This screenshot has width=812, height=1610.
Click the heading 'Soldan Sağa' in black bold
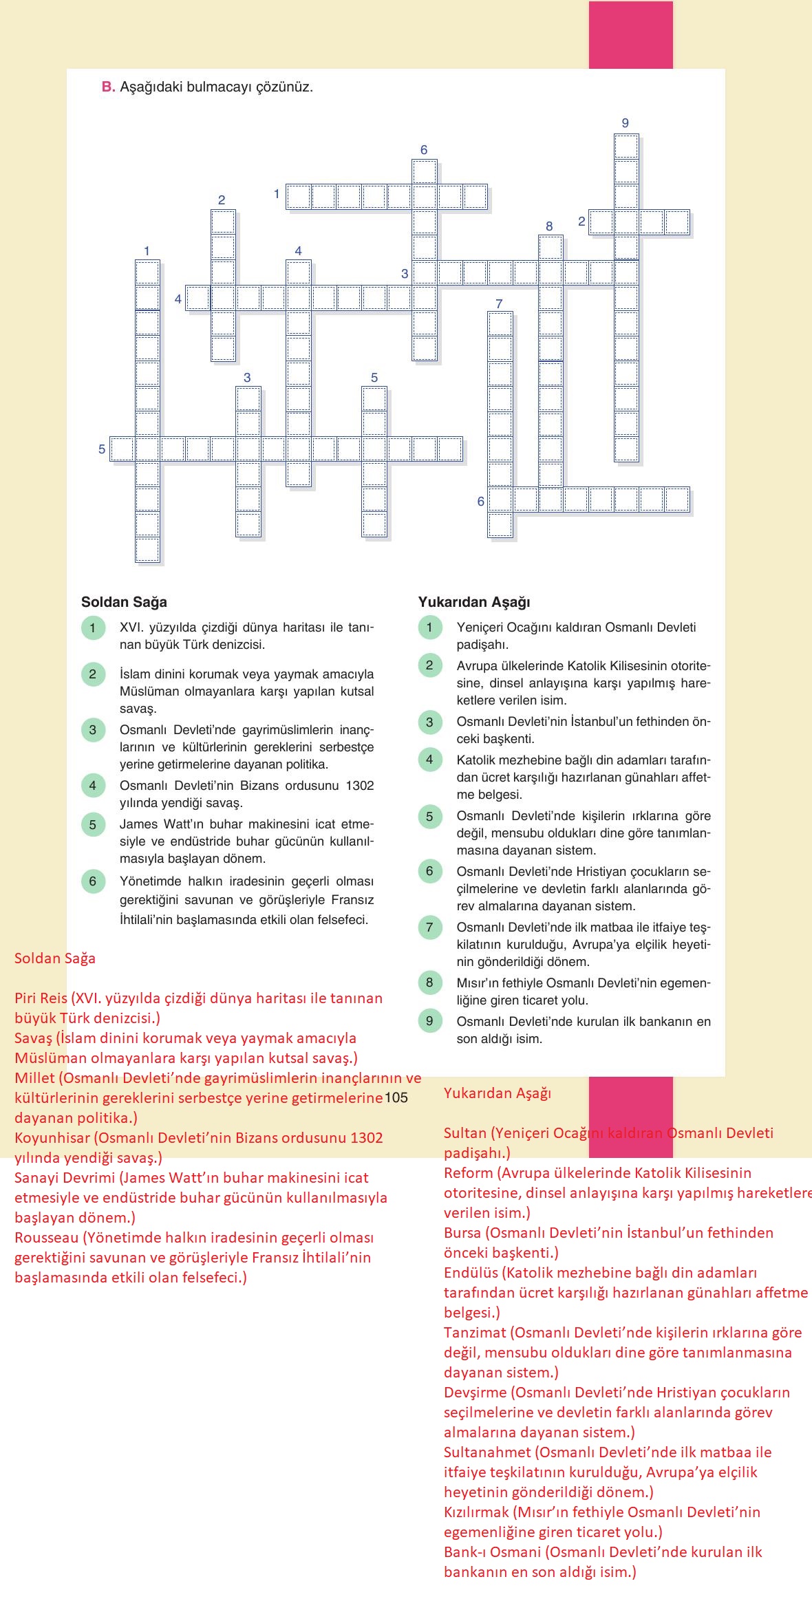[124, 602]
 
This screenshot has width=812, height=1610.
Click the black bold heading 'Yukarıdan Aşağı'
[474, 602]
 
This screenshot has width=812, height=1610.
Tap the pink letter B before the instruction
[107, 87]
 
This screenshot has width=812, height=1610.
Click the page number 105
[396, 1097]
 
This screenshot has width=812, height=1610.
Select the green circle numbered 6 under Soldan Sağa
[93, 881]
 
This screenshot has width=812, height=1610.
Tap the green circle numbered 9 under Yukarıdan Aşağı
[429, 1021]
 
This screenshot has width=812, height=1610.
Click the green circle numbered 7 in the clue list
[429, 927]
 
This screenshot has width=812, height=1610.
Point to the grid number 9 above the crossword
[625, 123]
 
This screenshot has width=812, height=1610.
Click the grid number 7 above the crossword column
[499, 303]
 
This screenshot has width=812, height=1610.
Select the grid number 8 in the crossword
[549, 226]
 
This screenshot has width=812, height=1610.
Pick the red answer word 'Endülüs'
[471, 1273]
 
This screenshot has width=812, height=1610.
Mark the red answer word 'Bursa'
[463, 1233]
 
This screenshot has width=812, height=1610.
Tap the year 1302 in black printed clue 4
[359, 785]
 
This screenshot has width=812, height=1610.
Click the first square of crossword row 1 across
[298, 197]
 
